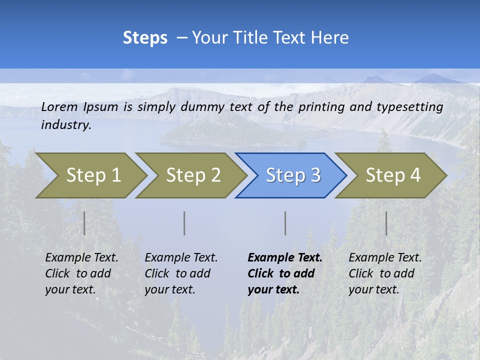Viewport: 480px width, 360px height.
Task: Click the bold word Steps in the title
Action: (x=145, y=38)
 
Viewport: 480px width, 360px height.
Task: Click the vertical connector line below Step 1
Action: (x=84, y=223)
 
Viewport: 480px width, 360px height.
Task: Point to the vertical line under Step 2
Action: (x=184, y=223)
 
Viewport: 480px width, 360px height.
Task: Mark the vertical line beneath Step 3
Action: (x=285, y=223)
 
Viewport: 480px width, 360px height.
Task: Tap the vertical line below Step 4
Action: (x=386, y=223)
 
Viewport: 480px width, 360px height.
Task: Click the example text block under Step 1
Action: (x=81, y=273)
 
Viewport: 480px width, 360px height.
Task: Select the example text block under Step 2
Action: (x=181, y=273)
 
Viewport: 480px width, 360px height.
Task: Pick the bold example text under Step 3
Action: (x=285, y=273)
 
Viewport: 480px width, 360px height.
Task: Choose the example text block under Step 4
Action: (x=385, y=273)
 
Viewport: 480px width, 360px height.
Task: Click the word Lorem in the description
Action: (x=59, y=106)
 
